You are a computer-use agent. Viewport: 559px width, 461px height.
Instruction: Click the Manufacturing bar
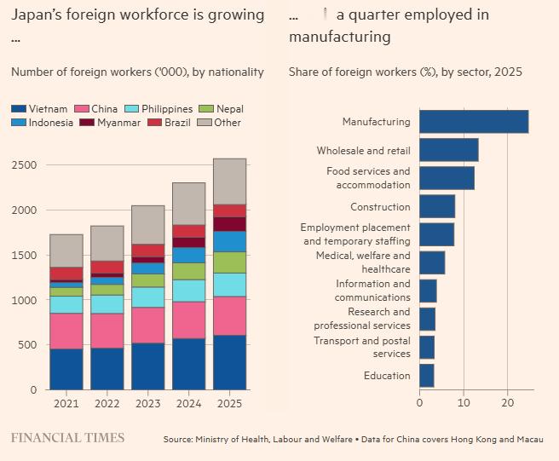tap(473, 122)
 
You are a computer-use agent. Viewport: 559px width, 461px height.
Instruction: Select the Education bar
tap(427, 376)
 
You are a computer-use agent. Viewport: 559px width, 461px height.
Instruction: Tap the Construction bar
tap(437, 207)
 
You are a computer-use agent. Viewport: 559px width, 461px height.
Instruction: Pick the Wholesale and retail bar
tap(448, 151)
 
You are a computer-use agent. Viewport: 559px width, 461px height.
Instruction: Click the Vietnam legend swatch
tap(18, 109)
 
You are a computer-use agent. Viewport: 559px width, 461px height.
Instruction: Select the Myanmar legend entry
tap(110, 123)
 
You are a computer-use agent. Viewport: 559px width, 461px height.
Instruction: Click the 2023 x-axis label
tap(147, 405)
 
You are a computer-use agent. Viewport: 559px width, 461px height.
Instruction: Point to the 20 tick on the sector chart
tap(508, 402)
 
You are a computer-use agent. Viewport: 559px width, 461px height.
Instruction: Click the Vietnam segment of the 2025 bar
tap(229, 362)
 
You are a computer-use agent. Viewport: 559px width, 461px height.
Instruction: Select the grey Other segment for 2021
tap(66, 251)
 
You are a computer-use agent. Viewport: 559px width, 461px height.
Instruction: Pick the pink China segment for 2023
tap(147, 325)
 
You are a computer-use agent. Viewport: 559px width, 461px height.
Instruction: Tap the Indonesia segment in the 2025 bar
tap(229, 241)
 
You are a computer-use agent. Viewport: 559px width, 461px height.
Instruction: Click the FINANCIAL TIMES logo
tap(67, 438)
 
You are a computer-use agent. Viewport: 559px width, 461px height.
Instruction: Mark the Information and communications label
tap(372, 291)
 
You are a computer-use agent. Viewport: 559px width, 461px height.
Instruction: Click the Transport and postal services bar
tap(426, 348)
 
